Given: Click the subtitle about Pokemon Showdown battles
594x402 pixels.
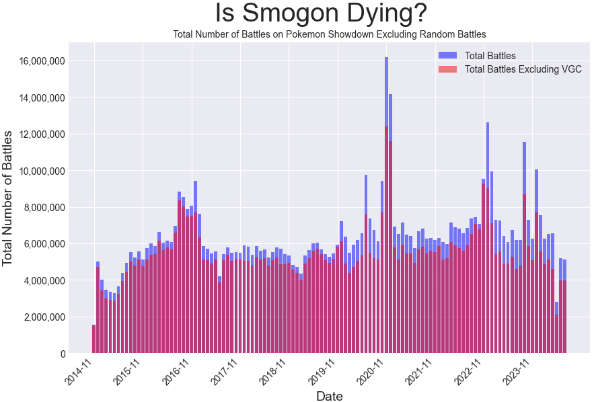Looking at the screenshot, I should pos(329,34).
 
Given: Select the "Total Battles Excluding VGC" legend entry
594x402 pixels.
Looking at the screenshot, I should pos(523,69).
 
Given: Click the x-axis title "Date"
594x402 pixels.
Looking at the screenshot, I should pos(330,395).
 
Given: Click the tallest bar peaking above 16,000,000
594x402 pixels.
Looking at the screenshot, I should pos(386,202).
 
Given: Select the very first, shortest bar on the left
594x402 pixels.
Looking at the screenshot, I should pos(94,339).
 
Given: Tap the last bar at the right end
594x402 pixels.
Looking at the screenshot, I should pos(564,309).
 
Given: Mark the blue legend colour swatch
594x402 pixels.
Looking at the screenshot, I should pos(447,55).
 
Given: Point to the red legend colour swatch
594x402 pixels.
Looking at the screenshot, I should pos(447,69).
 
